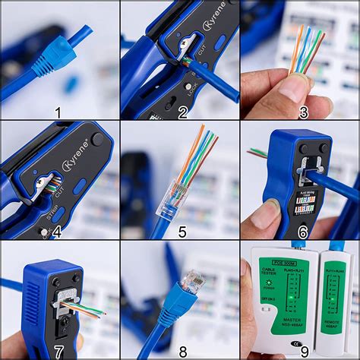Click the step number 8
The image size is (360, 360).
coord(180,351)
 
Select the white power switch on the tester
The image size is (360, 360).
coord(265,309)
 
